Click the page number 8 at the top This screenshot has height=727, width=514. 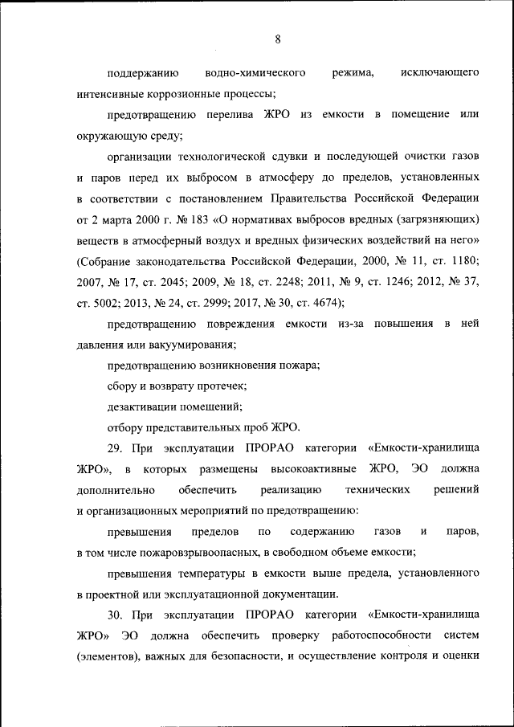coord(276,39)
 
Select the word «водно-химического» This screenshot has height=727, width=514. coord(255,73)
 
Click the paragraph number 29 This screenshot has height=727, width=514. coord(114,448)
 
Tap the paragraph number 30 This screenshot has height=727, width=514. coord(114,615)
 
